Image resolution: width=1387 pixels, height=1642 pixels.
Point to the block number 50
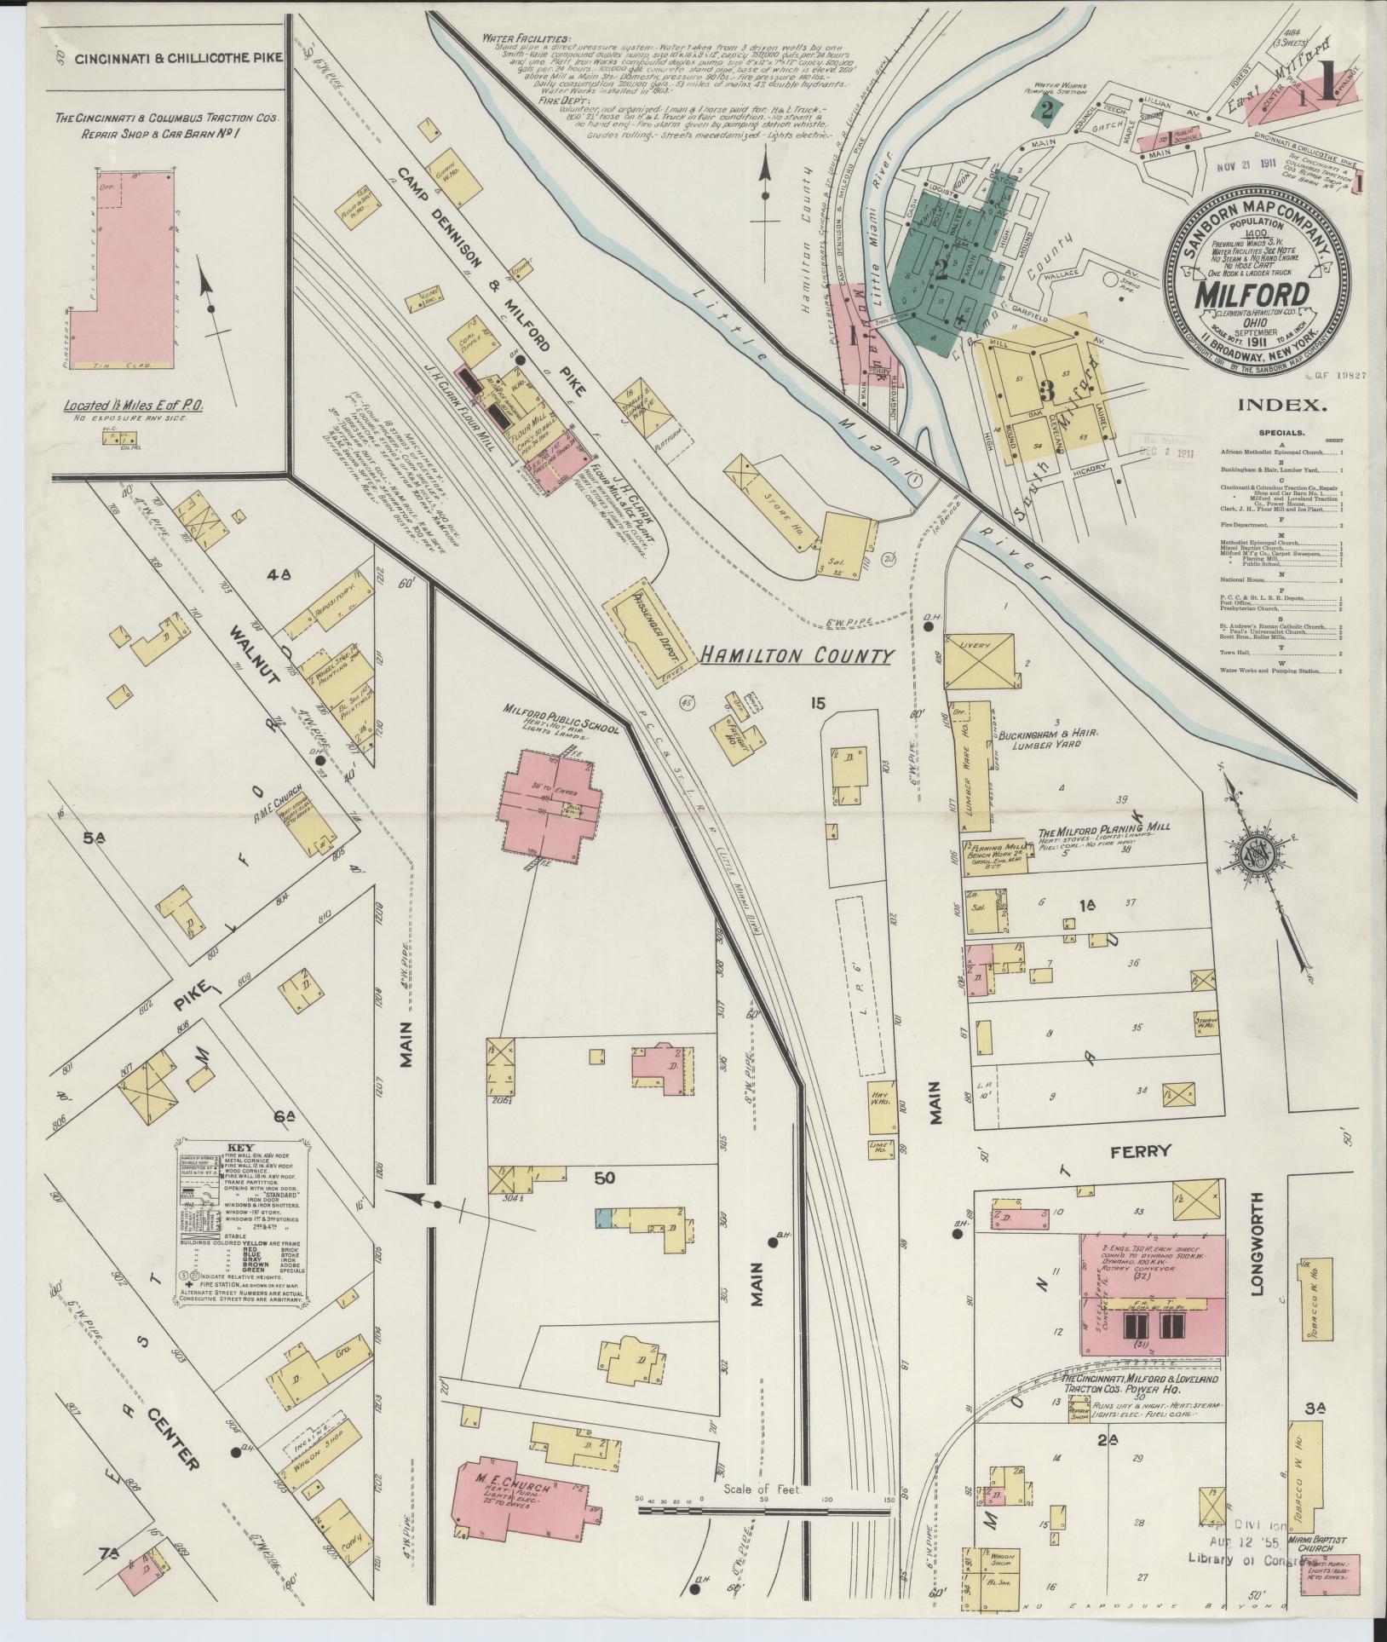coord(605,1178)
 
